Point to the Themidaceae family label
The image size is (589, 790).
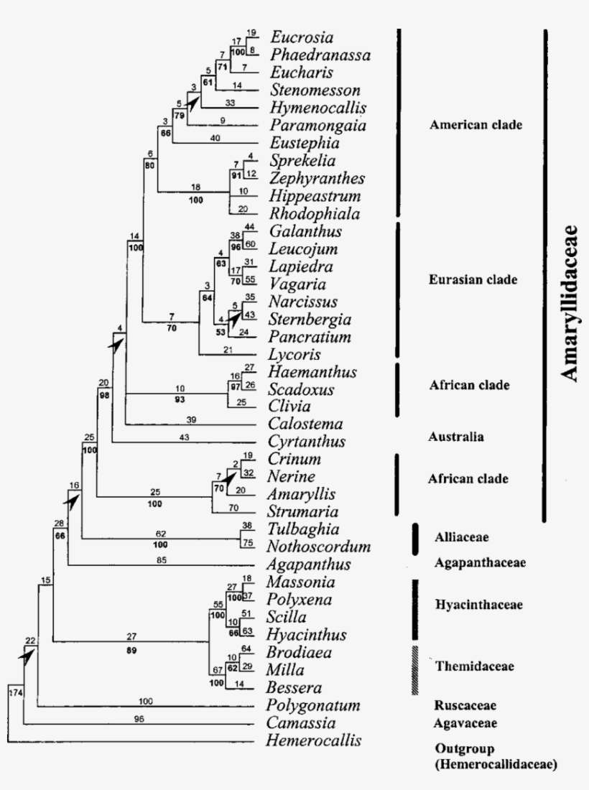(x=474, y=666)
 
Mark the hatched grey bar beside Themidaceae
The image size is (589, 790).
(x=414, y=669)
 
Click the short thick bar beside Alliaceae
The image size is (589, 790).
(x=414, y=539)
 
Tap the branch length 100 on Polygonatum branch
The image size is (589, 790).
(x=147, y=700)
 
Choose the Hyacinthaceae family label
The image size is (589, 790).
(x=478, y=605)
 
